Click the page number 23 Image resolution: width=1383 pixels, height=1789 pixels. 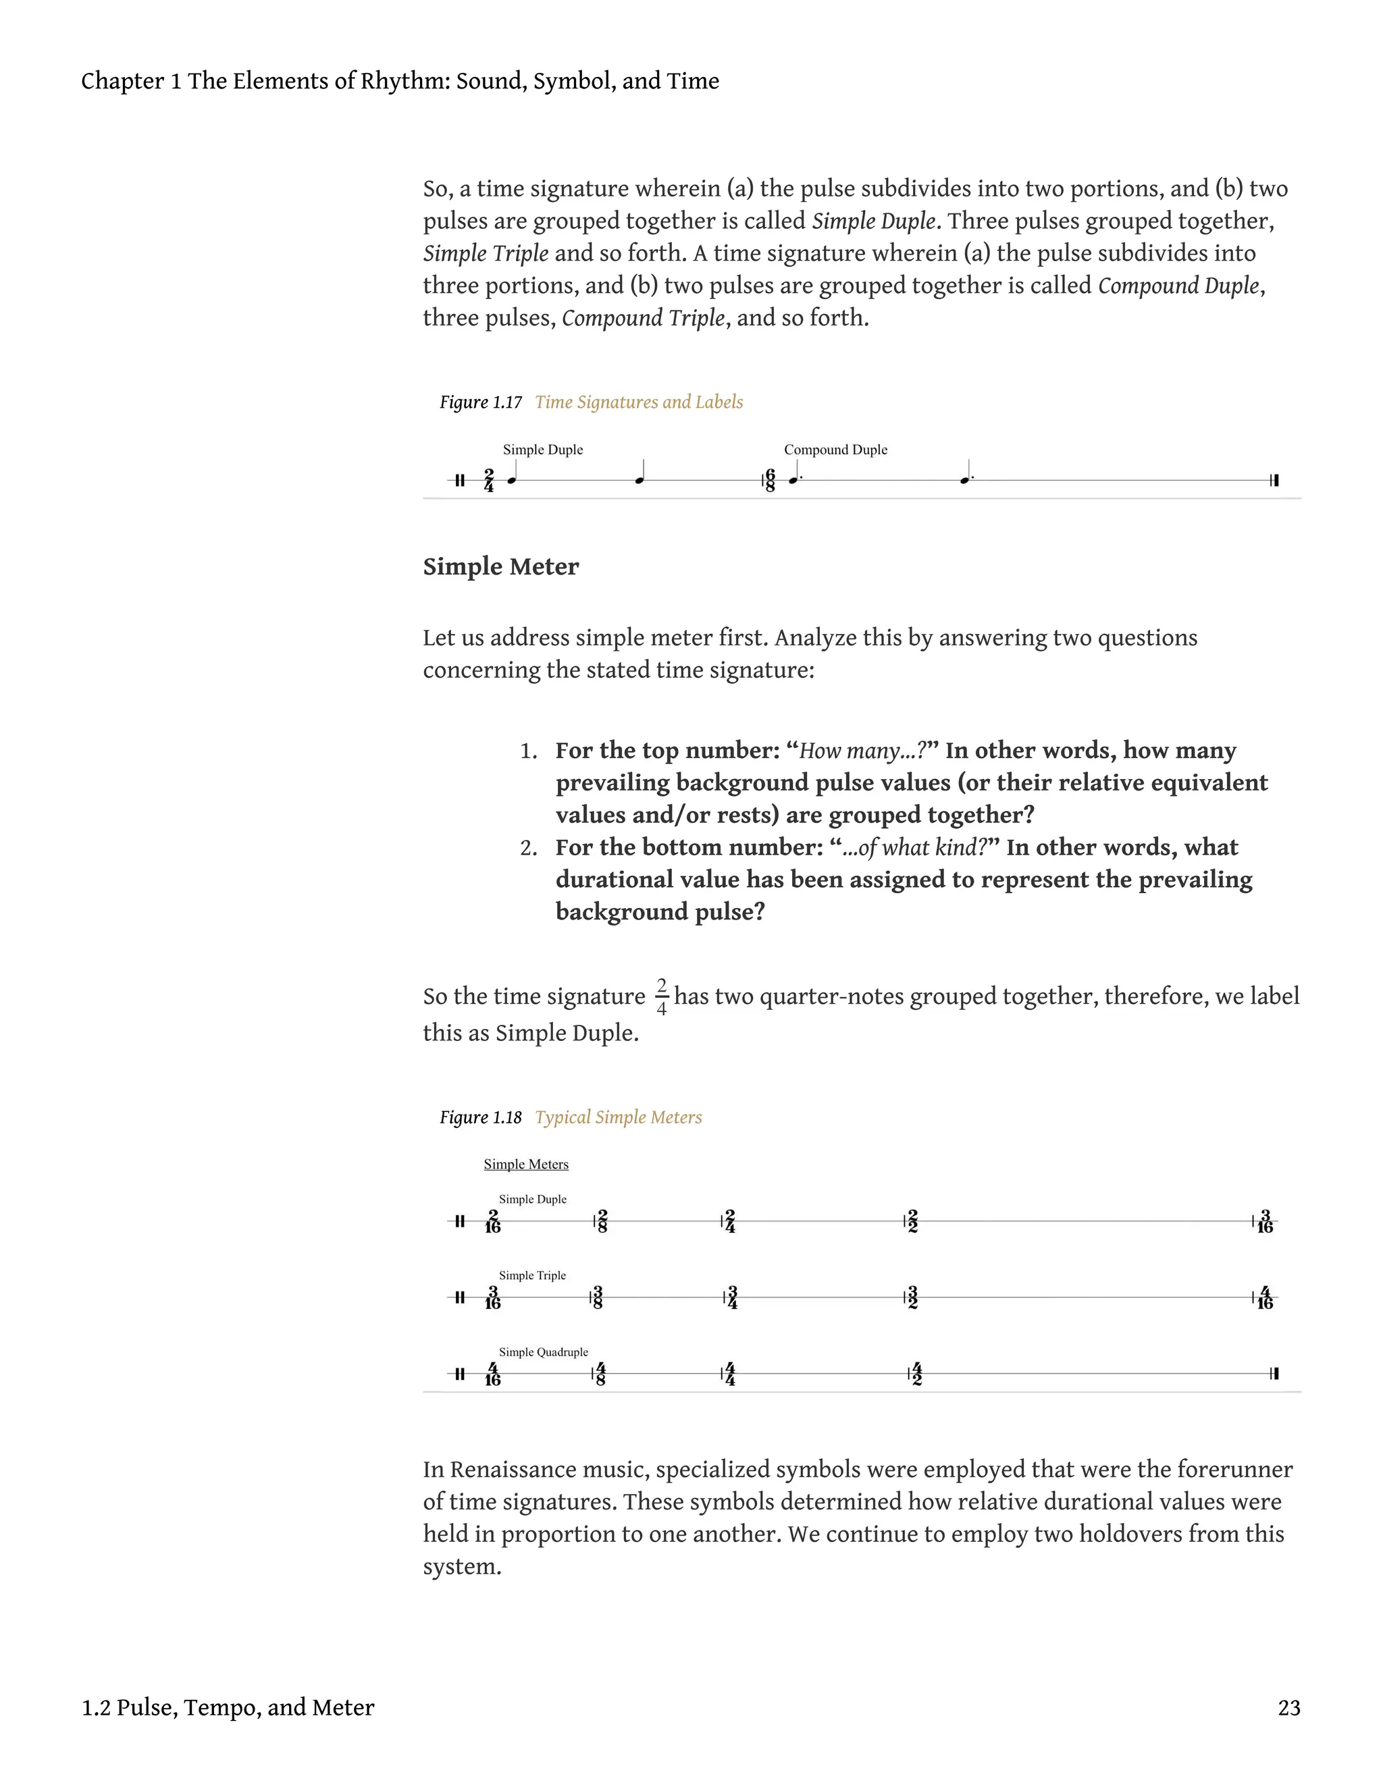1288,1708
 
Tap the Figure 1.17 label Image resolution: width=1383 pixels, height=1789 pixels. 481,402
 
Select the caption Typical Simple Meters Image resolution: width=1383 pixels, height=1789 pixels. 619,1117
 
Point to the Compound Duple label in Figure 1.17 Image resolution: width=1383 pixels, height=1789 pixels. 835,450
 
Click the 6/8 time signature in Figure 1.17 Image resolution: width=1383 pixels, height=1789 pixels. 770,480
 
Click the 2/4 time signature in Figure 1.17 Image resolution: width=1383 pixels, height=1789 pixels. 489,480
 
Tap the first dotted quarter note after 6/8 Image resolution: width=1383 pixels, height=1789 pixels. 793,479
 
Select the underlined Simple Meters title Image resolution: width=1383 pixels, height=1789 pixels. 526,1164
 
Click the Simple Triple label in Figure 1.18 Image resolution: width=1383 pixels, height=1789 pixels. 533,1275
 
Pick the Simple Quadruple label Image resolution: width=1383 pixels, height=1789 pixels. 543,1352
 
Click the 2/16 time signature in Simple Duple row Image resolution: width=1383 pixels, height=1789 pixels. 492,1221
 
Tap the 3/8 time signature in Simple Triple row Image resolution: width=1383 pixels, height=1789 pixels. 598,1298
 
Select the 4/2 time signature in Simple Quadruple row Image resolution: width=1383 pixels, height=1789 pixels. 917,1374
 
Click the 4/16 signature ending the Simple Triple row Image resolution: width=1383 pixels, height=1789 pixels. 1265,1298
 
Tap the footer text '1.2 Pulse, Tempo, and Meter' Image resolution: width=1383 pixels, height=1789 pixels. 228,1708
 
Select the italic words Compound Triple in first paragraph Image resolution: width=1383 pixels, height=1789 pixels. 643,318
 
